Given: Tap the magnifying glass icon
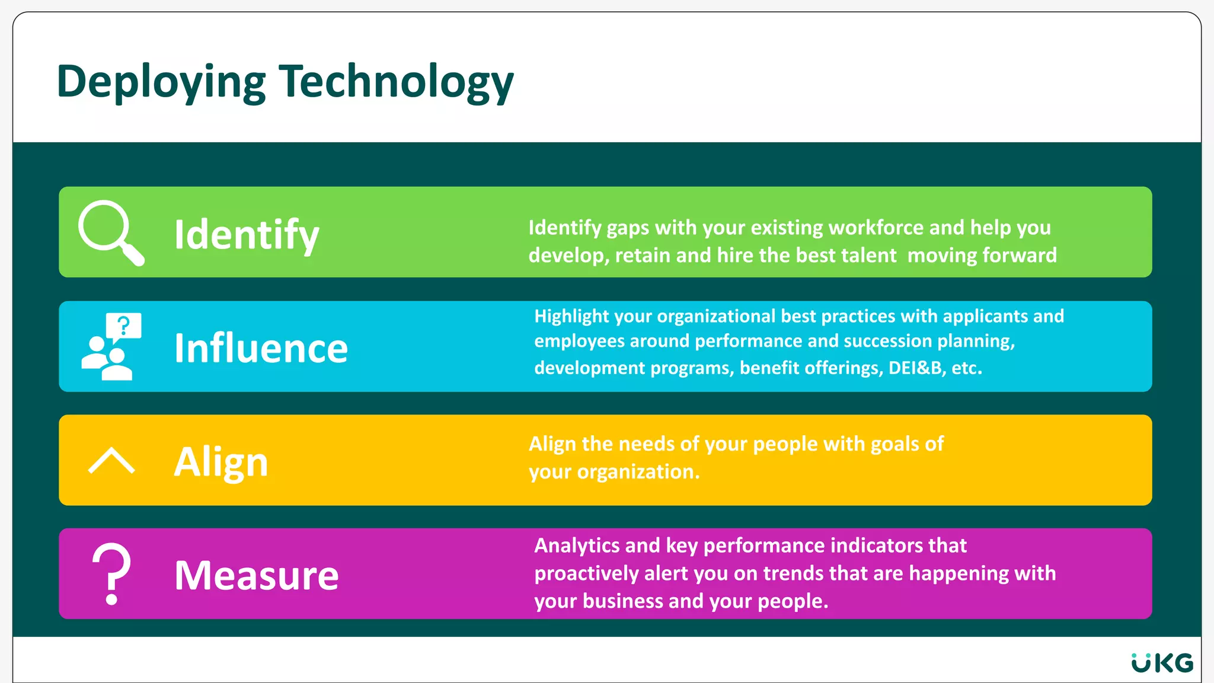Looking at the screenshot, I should coord(110,232).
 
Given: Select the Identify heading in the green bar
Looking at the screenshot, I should coord(247,235).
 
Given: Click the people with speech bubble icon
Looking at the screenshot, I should coord(111,346).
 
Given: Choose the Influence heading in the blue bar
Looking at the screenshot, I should coord(261,348).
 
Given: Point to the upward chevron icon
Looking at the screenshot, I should coord(111,461).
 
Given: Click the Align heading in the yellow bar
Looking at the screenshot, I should coord(221,462).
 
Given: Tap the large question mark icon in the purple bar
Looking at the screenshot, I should coord(111,573).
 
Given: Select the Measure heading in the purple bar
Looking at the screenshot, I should coord(257,575).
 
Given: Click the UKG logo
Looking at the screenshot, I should coord(1162,663).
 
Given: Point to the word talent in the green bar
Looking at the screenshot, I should coord(868,256).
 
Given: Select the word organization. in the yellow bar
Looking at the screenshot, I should coord(638,472).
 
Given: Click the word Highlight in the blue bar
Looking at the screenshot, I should coord(571,317).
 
